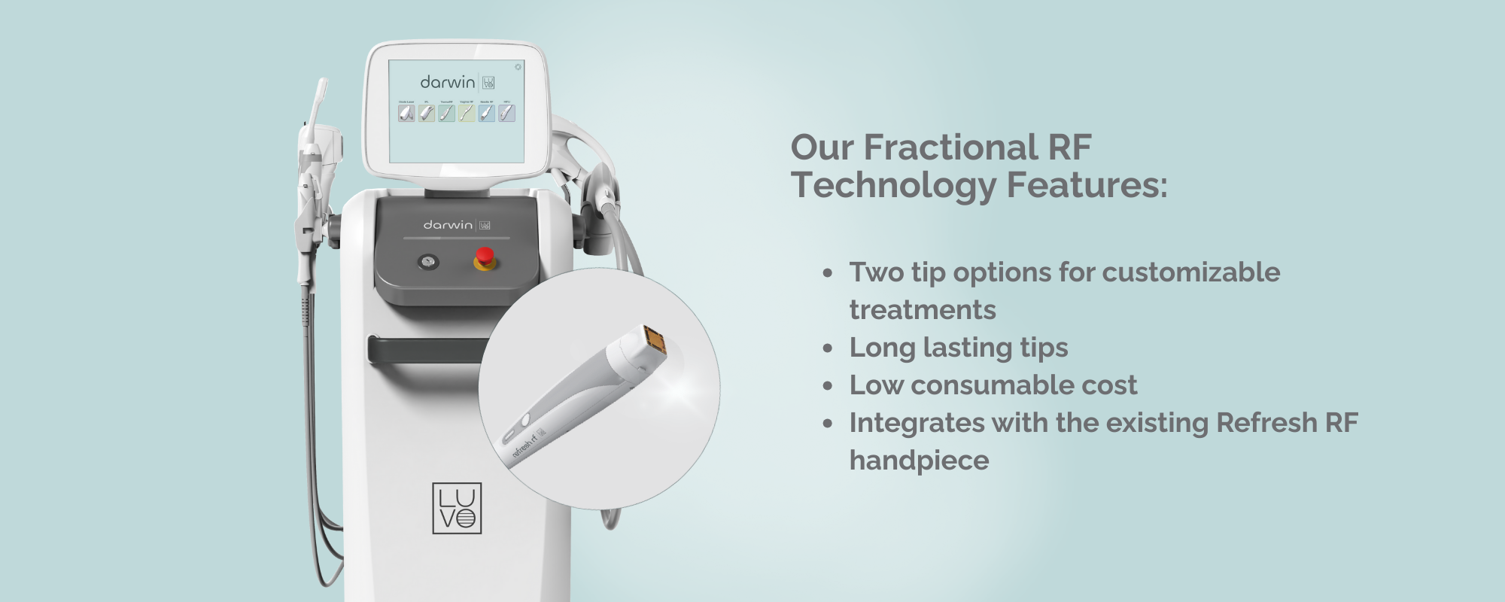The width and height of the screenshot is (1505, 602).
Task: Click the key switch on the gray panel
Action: coord(429,262)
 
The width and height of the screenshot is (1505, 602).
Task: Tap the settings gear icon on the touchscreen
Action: coord(518,67)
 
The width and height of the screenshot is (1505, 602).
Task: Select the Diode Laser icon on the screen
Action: coord(406,113)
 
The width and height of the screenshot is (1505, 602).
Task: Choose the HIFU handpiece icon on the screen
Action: coord(506,113)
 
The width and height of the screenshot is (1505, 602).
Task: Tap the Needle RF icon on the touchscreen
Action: coord(486,113)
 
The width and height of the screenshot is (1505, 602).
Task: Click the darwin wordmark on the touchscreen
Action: coord(448,81)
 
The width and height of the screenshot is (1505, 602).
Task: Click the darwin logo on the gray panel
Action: coord(448,225)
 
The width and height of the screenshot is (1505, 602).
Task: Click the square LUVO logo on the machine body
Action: coord(457,509)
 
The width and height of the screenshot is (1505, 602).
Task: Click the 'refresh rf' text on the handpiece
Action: coord(524,443)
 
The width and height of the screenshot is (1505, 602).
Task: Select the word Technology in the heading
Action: coord(892,185)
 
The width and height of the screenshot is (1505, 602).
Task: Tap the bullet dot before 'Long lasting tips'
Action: coord(828,348)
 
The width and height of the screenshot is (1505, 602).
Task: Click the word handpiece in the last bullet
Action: coord(919,461)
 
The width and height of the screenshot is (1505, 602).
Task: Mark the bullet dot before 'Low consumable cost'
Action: coord(828,386)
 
